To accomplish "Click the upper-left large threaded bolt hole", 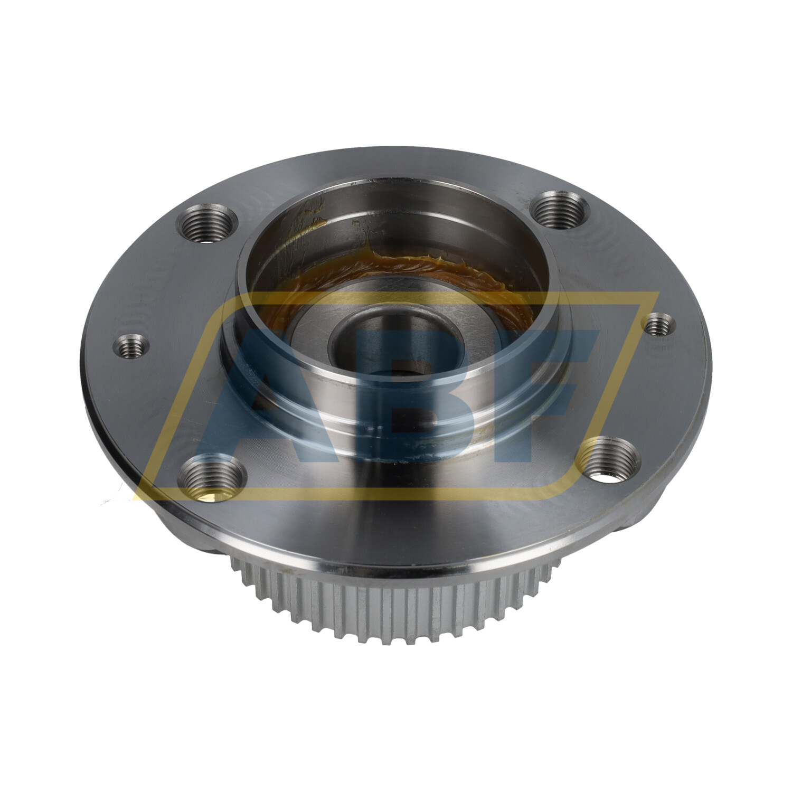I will click(x=208, y=225).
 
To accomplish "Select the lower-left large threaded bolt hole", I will click(x=212, y=479).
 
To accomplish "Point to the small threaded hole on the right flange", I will click(x=660, y=324).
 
